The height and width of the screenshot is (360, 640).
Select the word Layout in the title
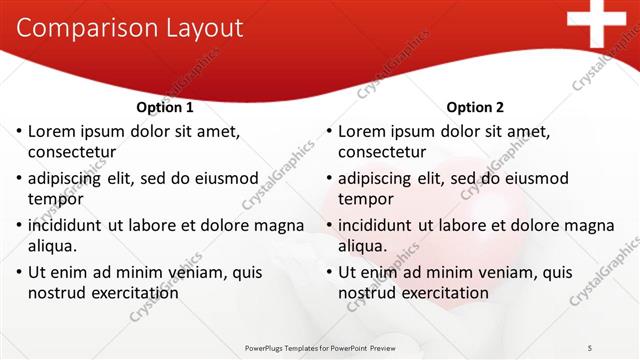click(x=205, y=28)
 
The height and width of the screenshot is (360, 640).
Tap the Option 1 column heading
click(x=164, y=107)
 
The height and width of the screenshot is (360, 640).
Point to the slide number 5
click(x=591, y=347)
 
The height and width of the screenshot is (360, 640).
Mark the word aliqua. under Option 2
click(x=364, y=246)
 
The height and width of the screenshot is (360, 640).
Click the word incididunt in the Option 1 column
click(x=71, y=225)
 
